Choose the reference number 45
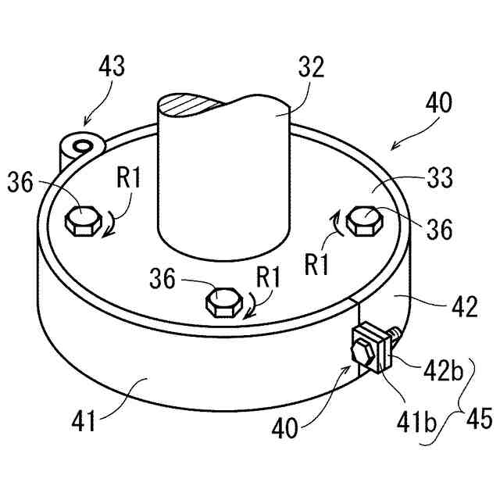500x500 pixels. [477, 420]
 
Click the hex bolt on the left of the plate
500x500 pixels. [81, 222]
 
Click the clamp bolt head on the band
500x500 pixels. [362, 348]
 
